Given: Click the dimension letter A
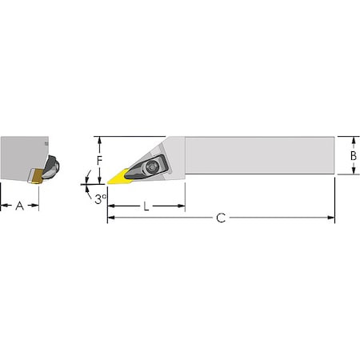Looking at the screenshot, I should (x=20, y=206).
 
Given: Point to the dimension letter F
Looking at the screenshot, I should (x=100, y=159).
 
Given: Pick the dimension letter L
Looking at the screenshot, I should (x=146, y=206).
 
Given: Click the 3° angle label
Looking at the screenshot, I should (x=100, y=198).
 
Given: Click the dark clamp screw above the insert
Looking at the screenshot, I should (x=152, y=168).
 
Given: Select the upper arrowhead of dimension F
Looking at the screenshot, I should (x=100, y=140).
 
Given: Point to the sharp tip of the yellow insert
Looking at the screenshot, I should (x=107, y=184).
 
